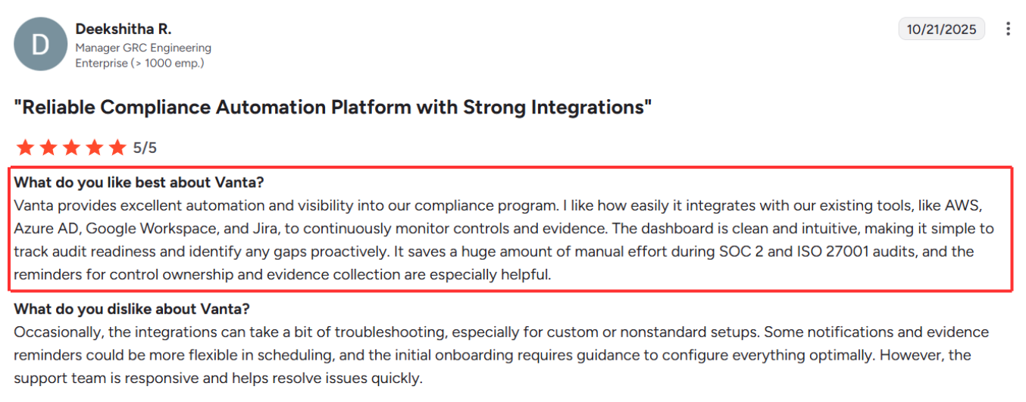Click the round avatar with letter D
click(x=41, y=44)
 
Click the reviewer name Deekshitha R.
click(x=123, y=29)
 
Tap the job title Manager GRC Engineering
click(x=143, y=48)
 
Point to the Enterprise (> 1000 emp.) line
click(x=139, y=63)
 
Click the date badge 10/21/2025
click(x=942, y=30)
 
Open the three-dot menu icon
click(x=1008, y=30)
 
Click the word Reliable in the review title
click(x=57, y=108)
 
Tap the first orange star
click(x=25, y=148)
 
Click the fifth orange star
click(x=117, y=148)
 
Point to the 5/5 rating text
click(x=145, y=148)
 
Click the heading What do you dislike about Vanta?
click(x=132, y=309)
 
